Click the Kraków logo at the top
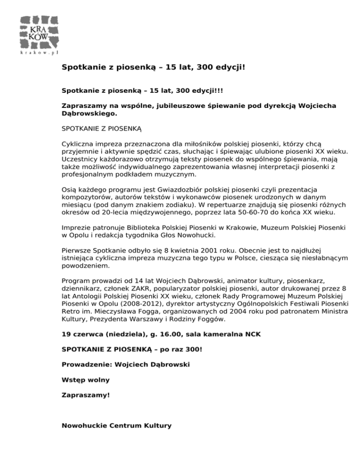(39, 32)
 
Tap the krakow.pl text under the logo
(39, 53)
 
